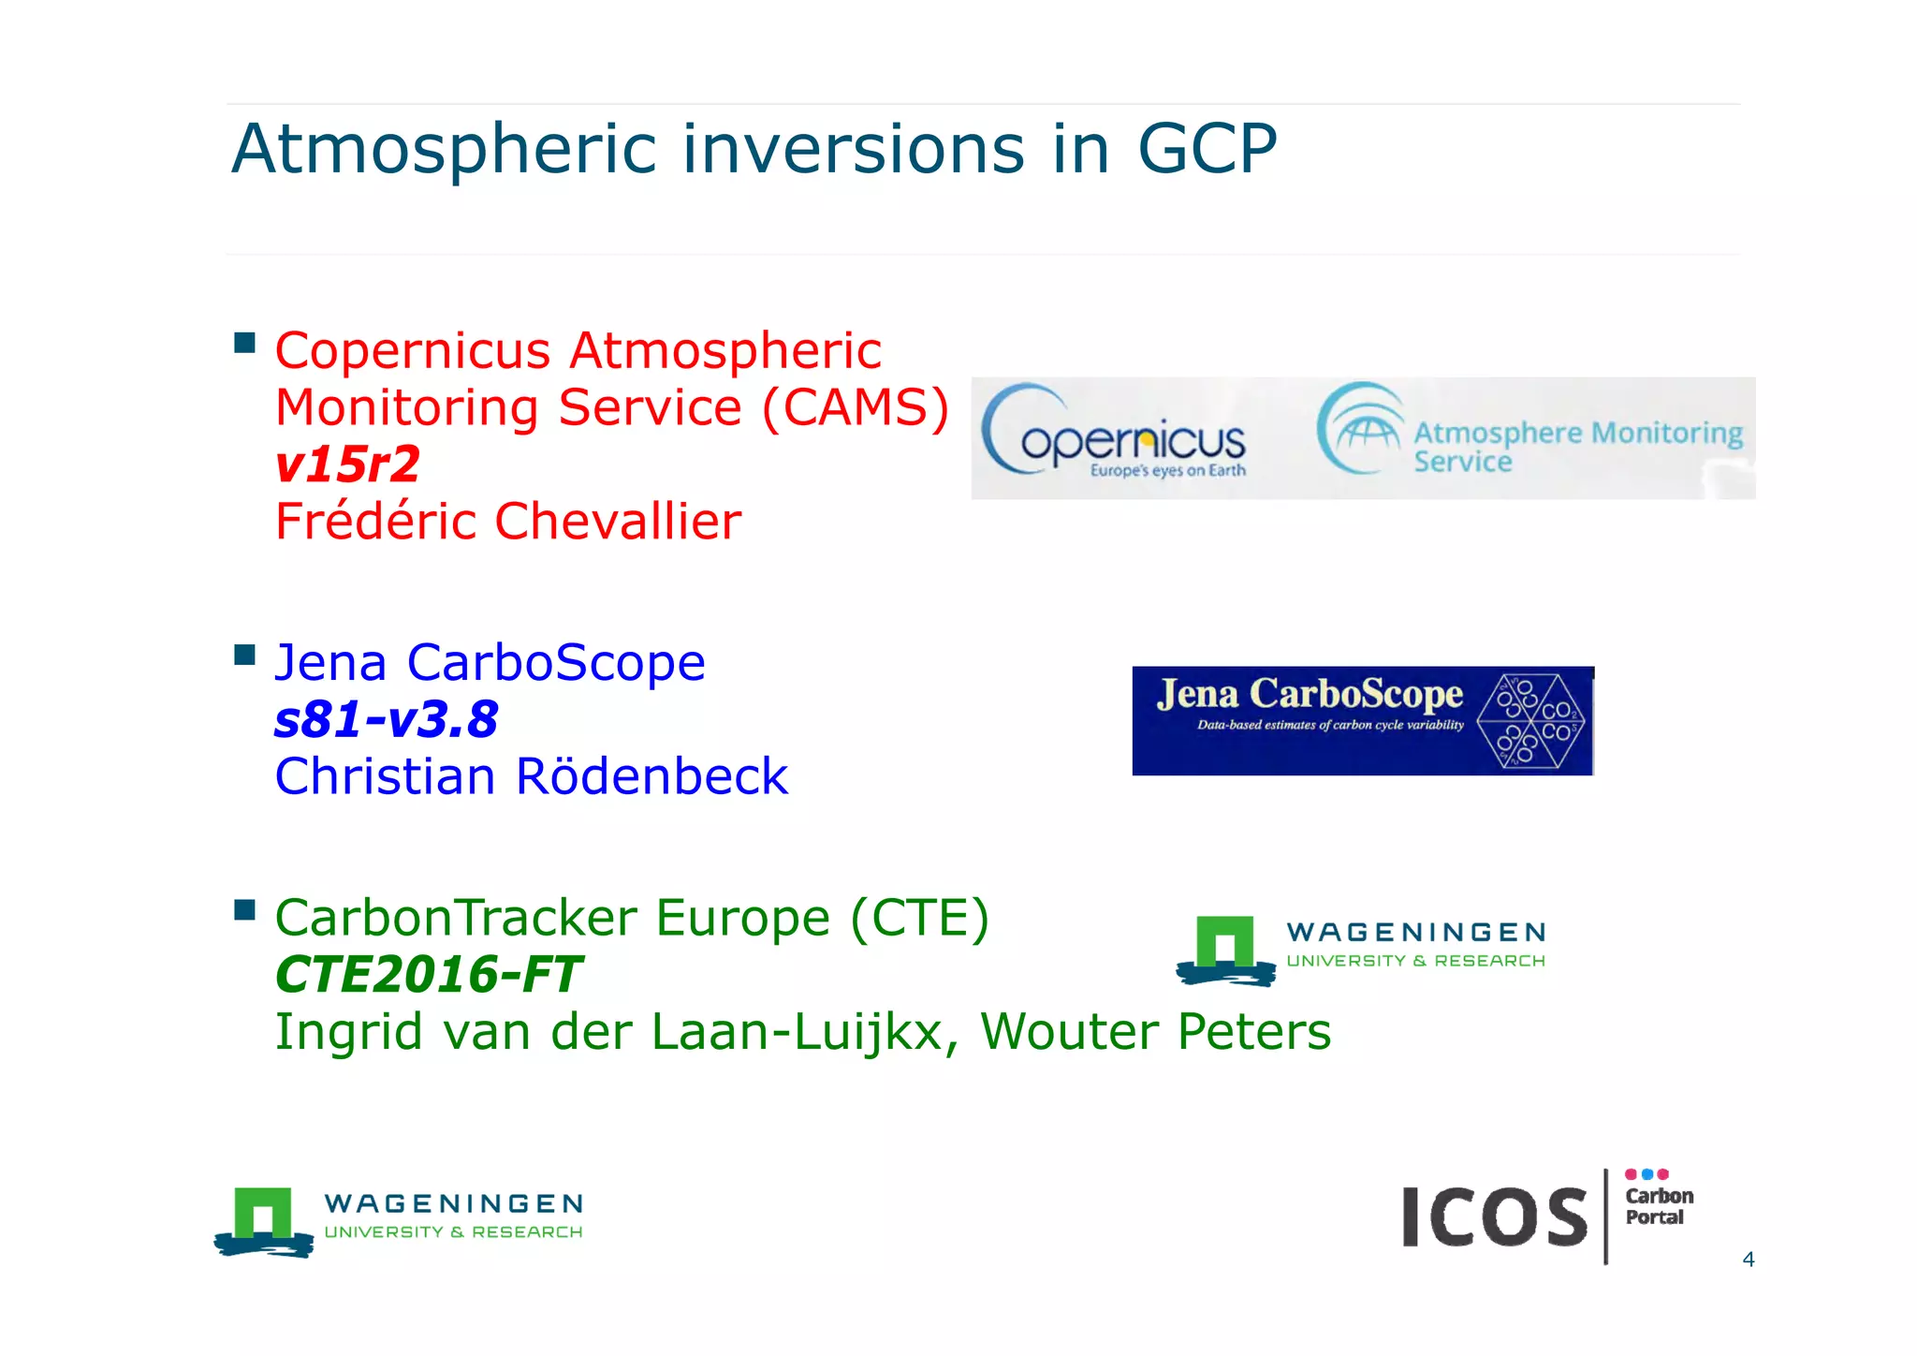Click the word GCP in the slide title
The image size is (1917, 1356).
1207,150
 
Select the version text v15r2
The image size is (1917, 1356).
347,464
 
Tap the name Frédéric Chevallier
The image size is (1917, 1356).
507,522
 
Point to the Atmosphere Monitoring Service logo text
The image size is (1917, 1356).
1577,446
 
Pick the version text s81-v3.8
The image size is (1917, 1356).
386,720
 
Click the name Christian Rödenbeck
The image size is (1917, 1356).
531,777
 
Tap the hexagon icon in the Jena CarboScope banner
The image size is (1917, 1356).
1532,720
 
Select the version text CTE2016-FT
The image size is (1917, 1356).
428,975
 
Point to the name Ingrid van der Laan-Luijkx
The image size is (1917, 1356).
609,1032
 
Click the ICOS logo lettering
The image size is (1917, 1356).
1494,1216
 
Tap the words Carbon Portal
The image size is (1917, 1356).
1658,1206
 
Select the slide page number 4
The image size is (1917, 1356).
1748,1260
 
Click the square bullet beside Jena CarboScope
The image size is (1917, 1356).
245,654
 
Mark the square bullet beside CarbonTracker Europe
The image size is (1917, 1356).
245,909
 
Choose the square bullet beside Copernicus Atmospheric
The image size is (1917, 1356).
245,343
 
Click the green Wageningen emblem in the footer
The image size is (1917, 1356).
263,1220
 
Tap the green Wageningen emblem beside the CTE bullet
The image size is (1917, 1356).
1225,949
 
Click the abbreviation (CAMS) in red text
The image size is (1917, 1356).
856,408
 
